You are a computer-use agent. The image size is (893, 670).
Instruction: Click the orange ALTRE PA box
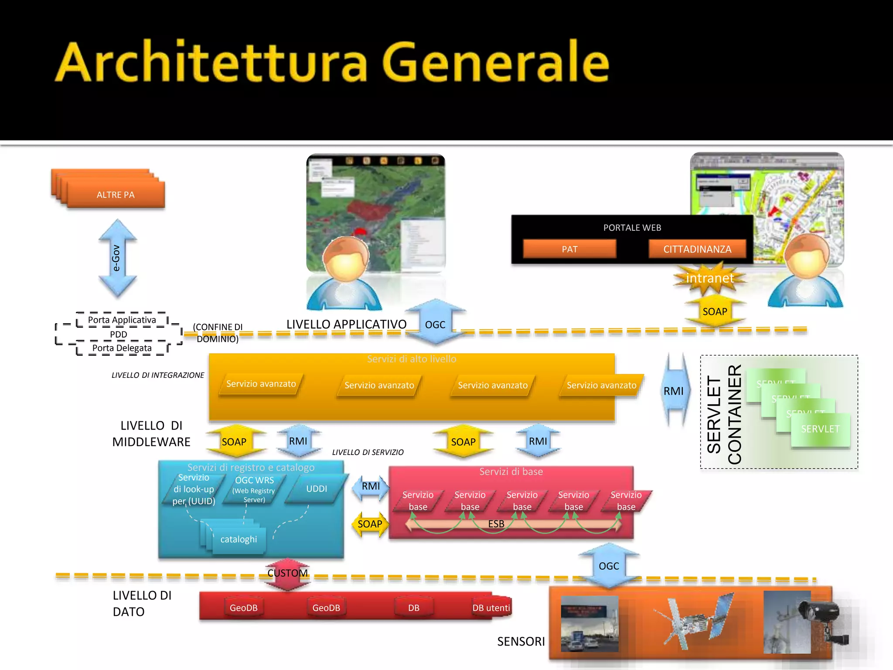click(x=116, y=195)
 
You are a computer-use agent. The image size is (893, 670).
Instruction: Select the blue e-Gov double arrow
click(x=117, y=258)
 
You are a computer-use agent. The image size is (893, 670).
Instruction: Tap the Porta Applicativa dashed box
click(x=122, y=320)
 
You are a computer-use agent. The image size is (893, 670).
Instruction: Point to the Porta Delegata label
click(x=122, y=348)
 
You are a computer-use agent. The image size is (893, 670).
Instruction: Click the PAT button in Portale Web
click(x=569, y=249)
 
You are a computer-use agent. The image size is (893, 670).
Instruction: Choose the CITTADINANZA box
click(x=697, y=249)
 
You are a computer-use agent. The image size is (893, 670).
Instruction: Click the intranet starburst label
click(x=710, y=278)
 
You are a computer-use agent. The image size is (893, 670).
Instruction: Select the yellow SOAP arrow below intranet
click(x=715, y=311)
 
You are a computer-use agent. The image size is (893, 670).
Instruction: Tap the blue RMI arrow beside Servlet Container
click(x=674, y=391)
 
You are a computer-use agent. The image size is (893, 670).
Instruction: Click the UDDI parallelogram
click(x=317, y=489)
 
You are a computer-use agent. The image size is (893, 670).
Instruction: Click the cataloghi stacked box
click(x=238, y=540)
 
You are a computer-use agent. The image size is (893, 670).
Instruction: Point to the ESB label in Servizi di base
click(x=496, y=524)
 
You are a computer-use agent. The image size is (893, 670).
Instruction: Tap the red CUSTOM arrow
click(x=287, y=573)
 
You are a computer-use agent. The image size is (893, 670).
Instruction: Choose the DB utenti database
click(x=491, y=608)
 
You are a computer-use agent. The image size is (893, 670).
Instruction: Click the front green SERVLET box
click(x=820, y=429)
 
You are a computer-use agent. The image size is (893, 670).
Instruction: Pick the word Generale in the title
click(x=495, y=62)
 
